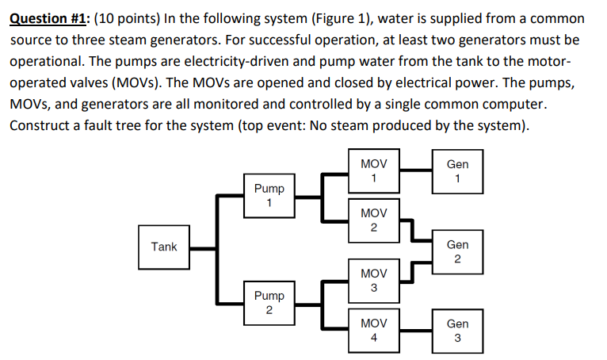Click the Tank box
pyautogui.click(x=164, y=247)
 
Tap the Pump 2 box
pyautogui.click(x=269, y=302)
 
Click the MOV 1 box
pyautogui.click(x=373, y=170)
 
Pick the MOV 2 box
pyautogui.click(x=373, y=221)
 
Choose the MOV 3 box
pyautogui.click(x=373, y=280)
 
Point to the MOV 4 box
pyautogui.click(x=373, y=331)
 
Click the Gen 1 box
pyautogui.click(x=457, y=170)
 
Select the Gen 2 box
pyautogui.click(x=457, y=251)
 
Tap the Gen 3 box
pyautogui.click(x=457, y=331)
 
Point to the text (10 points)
pyautogui.click(x=130, y=17)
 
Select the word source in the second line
pyautogui.click(x=31, y=39)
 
